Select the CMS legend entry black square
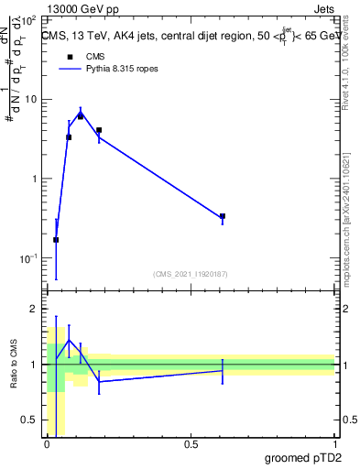coord(70,57)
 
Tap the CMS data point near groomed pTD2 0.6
coord(223,216)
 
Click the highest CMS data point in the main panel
coord(81,116)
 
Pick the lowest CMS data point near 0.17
coord(56,240)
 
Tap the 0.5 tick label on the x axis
coord(191,444)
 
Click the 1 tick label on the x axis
coord(334,444)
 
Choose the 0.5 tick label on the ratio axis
coord(29,420)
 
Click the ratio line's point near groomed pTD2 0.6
coord(223,370)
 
